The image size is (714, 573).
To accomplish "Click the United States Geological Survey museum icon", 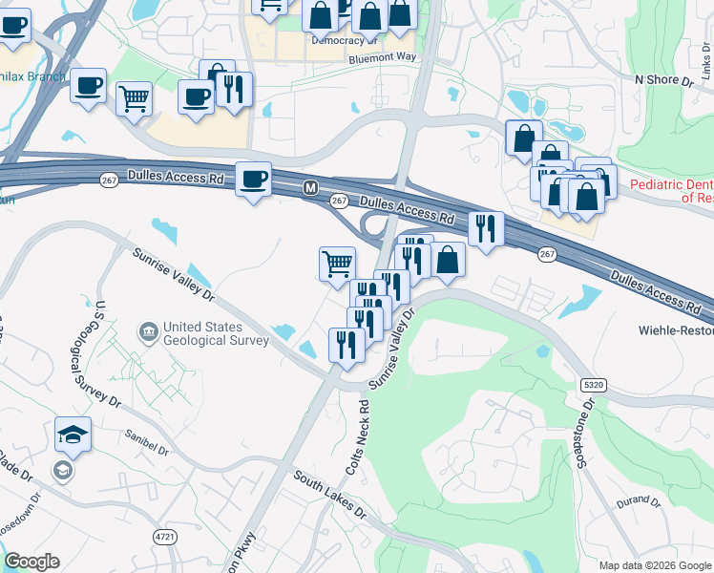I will pyautogui.click(x=149, y=331).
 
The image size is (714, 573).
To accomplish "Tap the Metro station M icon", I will pyautogui.click(x=309, y=189).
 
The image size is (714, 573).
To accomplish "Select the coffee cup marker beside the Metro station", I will pyautogui.click(x=253, y=180).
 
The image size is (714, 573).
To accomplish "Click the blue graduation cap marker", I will pyautogui.click(x=73, y=435).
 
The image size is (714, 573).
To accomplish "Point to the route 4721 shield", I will pyautogui.click(x=164, y=538).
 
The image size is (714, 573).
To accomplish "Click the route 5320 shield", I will pyautogui.click(x=592, y=384).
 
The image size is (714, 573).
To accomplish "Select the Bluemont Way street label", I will pyautogui.click(x=383, y=57).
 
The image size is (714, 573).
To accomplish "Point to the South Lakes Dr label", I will pyautogui.click(x=329, y=493).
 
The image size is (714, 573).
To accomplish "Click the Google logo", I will pyautogui.click(x=31, y=562).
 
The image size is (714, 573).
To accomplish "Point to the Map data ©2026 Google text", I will pyautogui.click(x=654, y=565).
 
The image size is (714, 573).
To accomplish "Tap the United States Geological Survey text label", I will pyautogui.click(x=216, y=333).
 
